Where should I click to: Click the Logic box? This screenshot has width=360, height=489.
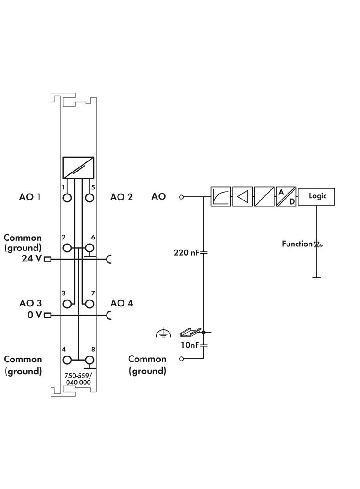[316, 196]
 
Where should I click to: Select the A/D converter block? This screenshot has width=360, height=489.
[285, 196]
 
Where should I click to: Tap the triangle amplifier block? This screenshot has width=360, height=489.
[242, 196]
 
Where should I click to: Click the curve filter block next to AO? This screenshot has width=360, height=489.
[220, 196]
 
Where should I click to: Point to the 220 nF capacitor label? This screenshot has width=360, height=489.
[186, 252]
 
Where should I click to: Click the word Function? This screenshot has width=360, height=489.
[297, 244]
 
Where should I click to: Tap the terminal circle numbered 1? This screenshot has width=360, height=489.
[68, 198]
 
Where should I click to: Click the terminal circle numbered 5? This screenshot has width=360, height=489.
[90, 198]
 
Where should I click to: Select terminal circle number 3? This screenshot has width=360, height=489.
[68, 304]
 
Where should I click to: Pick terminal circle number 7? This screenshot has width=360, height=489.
[90, 304]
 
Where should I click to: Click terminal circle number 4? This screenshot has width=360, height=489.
[68, 360]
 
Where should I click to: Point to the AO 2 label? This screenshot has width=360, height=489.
[121, 197]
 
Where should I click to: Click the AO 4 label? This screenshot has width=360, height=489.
[121, 303]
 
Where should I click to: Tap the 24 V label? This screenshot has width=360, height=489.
[31, 259]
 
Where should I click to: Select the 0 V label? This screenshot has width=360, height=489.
[34, 315]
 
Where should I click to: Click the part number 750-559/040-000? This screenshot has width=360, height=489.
[78, 379]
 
